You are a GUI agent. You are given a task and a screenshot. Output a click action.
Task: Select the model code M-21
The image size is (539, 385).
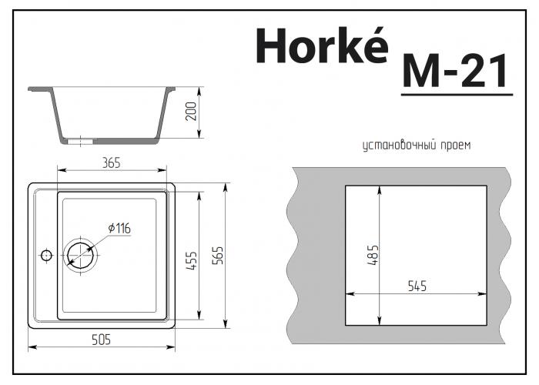pos(456,72)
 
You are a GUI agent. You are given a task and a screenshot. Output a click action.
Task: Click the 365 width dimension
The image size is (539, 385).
pos(112,162)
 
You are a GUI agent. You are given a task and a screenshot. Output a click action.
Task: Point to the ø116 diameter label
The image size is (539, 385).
pos(119,228)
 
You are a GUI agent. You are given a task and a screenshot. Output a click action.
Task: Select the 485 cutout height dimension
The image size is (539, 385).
pos(373,255)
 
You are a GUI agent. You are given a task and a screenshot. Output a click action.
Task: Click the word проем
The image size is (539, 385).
pos(455,145)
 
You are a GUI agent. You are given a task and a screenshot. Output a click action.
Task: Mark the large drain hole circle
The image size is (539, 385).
pos(80,253)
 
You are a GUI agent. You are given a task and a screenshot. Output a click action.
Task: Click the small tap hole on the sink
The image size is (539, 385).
pos(45,254)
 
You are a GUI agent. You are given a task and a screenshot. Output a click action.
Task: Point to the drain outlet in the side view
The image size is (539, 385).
pos(80,141)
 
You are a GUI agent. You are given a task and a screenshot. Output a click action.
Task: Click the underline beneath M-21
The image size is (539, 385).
pos(457,94)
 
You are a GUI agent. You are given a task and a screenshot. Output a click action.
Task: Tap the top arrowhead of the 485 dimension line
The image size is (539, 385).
pos(380,189)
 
